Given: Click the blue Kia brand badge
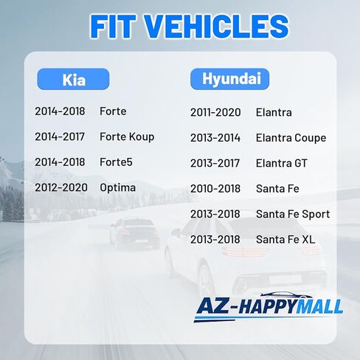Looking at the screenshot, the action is pos(73,79).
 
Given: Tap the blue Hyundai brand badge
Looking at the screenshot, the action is pos(229,79).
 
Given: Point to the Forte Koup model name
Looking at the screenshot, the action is pos(127,137).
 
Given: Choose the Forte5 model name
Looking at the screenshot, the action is pos(116,162).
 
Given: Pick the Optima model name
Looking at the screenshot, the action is pos(117,188).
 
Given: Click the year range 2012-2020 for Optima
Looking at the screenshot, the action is pos(61,187).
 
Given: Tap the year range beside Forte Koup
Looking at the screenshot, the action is pos(60,136).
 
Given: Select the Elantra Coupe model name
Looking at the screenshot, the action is pos(291,138).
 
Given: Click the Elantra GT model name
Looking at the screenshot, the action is pos(282,163).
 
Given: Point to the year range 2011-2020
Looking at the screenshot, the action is pos(215,113).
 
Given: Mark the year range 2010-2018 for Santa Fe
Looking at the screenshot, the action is pos(215,189).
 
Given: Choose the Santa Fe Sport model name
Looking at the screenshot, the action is pos(293,215).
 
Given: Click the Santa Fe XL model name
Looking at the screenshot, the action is pos(285,240).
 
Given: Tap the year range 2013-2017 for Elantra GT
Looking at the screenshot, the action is pos(215,163).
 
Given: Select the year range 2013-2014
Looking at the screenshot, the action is pos(215,138).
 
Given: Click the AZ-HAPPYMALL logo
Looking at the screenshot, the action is pos(269,307).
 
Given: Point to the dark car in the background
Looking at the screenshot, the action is pos(134,233).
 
